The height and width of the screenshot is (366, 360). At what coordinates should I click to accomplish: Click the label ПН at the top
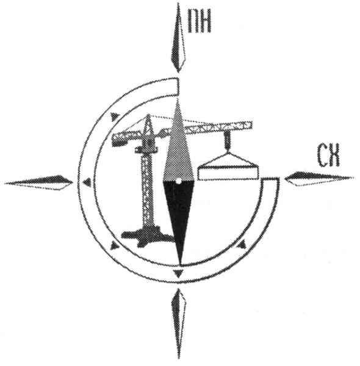(x=200, y=21)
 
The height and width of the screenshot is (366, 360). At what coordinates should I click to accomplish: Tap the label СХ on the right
(x=328, y=155)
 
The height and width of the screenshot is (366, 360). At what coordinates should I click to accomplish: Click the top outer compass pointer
(x=178, y=37)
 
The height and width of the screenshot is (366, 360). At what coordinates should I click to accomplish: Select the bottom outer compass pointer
(x=179, y=324)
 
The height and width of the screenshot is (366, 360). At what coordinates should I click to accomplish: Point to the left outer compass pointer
(x=38, y=182)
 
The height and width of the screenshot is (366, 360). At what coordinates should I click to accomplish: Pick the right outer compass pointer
(x=319, y=179)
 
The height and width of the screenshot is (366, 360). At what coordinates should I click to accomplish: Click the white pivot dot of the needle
(x=178, y=181)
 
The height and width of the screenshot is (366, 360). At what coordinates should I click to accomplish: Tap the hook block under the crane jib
(x=227, y=140)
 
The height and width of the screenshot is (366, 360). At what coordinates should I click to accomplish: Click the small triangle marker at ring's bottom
(x=178, y=273)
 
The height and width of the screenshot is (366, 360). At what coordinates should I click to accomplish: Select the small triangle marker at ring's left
(x=87, y=182)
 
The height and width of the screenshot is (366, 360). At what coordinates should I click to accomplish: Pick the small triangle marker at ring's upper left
(x=114, y=117)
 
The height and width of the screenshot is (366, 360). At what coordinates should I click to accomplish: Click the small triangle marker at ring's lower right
(x=242, y=245)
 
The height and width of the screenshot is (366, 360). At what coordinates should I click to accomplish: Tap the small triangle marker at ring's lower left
(x=114, y=245)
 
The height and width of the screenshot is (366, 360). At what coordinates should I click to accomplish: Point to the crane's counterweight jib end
(x=117, y=142)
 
